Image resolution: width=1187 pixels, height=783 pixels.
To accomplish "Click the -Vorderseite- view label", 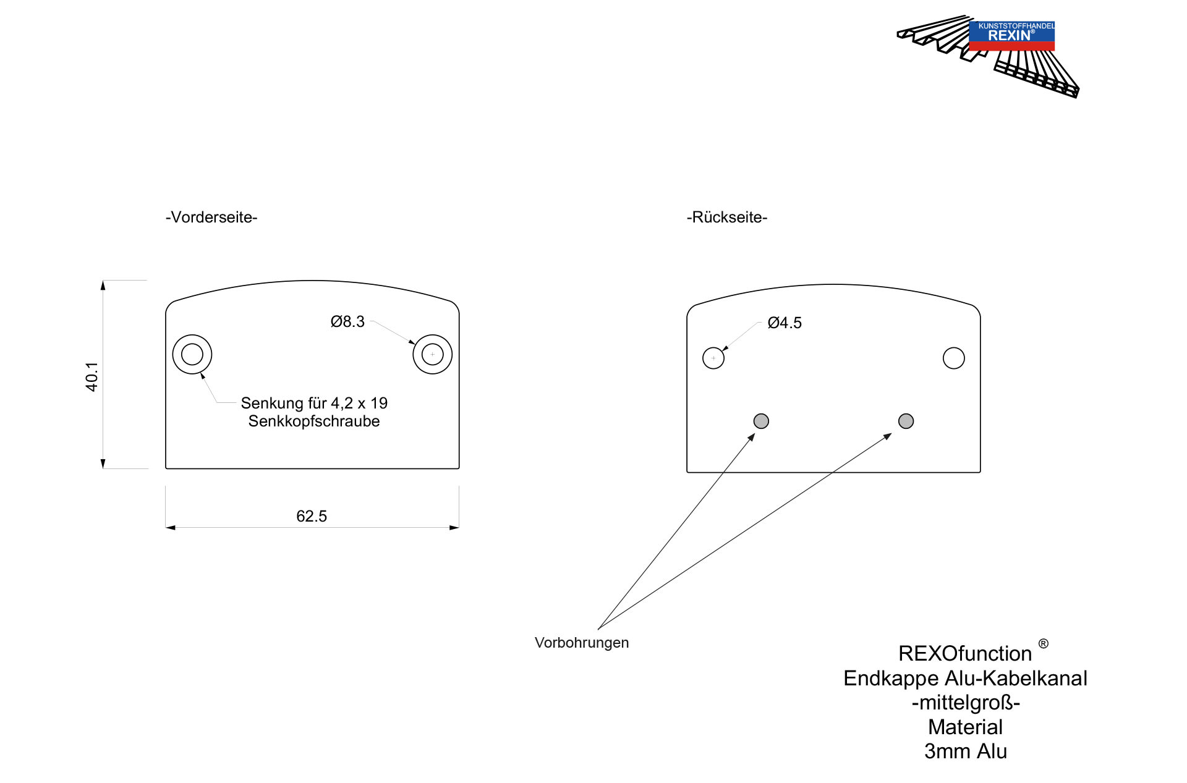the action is [x=211, y=218].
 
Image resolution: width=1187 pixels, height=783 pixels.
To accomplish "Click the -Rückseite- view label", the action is [x=727, y=218].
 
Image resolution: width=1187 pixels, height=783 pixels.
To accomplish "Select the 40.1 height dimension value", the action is [x=91, y=376].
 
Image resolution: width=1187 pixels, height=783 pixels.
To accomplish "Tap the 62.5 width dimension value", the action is [x=312, y=516].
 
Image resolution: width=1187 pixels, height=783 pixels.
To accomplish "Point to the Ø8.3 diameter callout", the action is [x=347, y=321].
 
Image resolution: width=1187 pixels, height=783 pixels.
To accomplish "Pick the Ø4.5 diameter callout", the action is [x=785, y=323].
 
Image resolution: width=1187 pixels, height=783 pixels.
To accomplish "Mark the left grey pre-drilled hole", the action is [x=761, y=421].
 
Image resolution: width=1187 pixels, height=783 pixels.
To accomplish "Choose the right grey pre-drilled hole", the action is [x=906, y=421].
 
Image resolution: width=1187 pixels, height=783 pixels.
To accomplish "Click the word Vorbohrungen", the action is [x=582, y=643].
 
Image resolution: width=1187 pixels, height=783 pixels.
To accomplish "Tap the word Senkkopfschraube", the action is [x=314, y=421].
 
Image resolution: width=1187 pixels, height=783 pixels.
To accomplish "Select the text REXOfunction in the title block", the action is [x=965, y=653].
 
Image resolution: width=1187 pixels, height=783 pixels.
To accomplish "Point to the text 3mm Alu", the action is [x=966, y=751].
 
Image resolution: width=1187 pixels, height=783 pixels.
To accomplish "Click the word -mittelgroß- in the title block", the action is [x=966, y=703].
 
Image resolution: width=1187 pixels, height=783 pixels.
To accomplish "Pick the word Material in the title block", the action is [x=966, y=727].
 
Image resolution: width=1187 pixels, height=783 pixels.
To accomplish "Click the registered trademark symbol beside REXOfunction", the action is [x=1044, y=644].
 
